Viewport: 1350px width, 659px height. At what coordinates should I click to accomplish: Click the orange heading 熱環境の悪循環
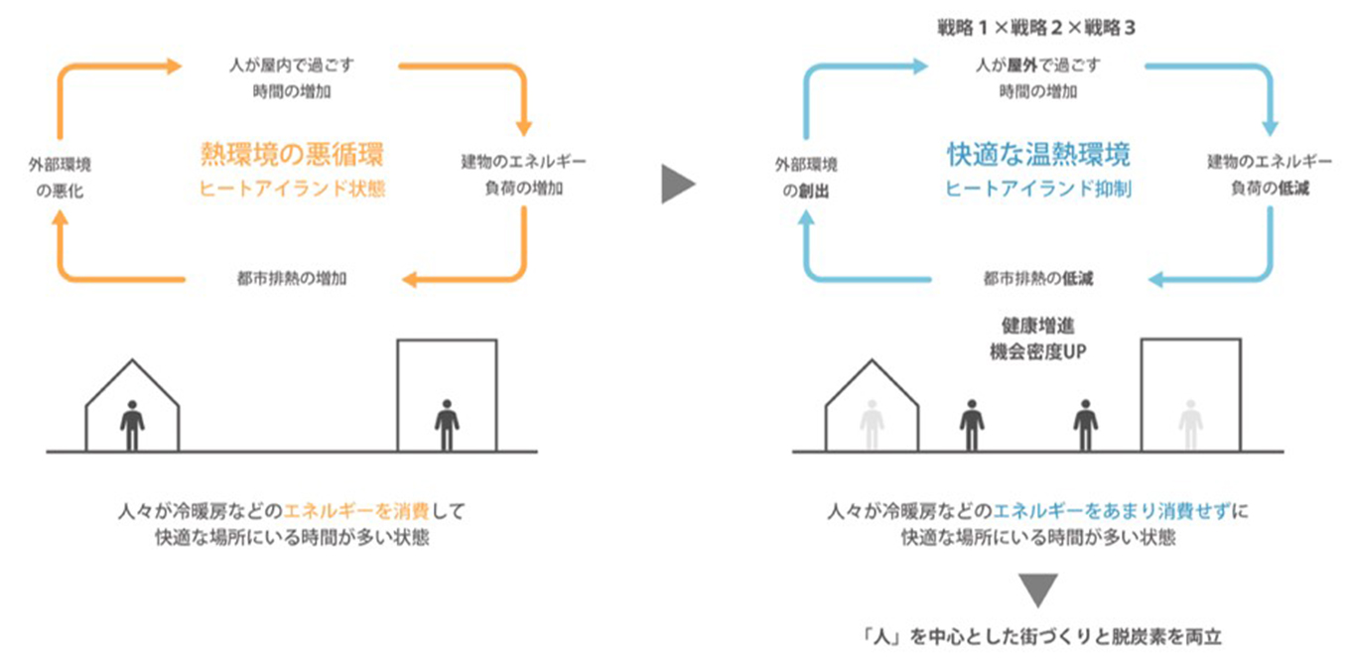point(291,154)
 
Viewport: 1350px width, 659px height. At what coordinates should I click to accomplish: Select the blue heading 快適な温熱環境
point(1037,154)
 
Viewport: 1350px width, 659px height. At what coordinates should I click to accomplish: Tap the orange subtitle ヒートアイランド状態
point(292,190)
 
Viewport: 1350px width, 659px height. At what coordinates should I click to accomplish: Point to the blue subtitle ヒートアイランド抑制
point(1038,190)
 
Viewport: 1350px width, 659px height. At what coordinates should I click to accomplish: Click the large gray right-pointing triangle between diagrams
point(677,185)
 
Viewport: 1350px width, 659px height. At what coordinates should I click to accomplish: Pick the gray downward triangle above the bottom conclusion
point(1038,590)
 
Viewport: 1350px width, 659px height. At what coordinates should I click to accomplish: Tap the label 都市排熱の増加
point(291,278)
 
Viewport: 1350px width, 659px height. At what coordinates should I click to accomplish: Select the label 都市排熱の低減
point(1037,278)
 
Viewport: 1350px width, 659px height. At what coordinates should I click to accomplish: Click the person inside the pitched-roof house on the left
point(132,425)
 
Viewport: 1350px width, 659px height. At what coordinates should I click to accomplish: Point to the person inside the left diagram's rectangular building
point(447,425)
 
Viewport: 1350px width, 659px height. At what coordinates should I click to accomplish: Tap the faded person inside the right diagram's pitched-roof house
point(872,425)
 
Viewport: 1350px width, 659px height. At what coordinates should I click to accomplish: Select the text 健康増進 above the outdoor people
point(1037,325)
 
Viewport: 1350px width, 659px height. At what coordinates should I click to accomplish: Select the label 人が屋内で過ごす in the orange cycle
point(291,66)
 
